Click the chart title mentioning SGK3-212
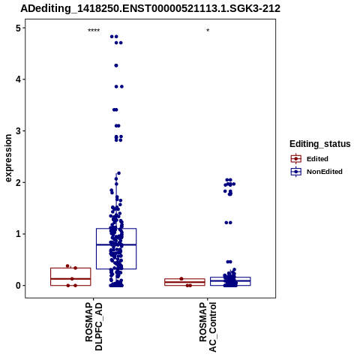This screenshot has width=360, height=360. [150, 9]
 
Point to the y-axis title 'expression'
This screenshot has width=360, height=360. [8, 158]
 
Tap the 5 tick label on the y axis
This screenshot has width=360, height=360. [18, 28]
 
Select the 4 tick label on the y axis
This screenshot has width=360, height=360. [18, 79]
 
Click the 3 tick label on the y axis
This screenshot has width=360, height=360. [18, 131]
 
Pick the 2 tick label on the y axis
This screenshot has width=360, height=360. [18, 182]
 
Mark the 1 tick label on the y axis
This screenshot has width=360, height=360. [18, 234]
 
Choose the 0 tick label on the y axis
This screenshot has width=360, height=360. [18, 286]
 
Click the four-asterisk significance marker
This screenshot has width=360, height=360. [94, 31]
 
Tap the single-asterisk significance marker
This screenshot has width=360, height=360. [208, 31]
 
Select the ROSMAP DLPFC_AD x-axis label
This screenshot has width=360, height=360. [94, 326]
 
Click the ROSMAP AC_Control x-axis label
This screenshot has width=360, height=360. [208, 327]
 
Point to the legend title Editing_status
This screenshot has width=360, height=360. [320, 144]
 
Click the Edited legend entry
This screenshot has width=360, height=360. [309, 159]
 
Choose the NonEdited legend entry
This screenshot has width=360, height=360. [316, 172]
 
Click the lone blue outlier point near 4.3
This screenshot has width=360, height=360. [116, 65]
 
